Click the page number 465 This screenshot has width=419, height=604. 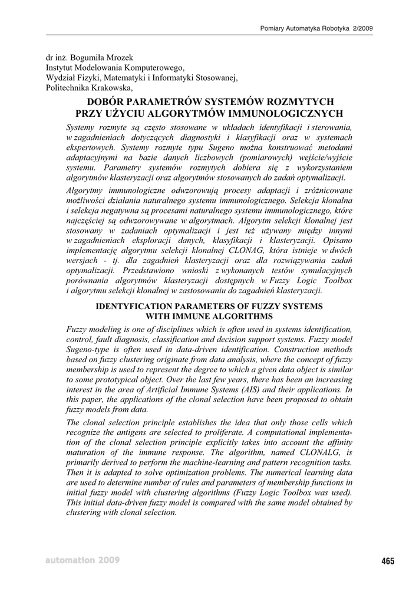387,561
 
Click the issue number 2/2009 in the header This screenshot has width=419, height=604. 362,28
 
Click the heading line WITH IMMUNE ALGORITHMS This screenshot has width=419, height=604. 209,317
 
